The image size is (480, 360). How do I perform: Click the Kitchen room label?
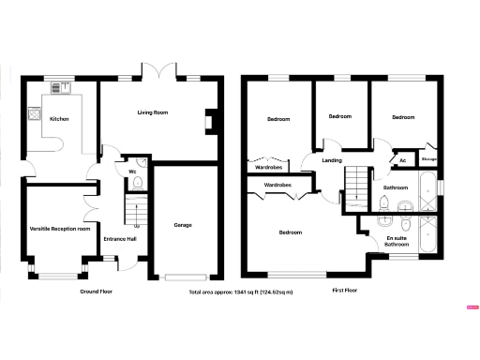click(x=59, y=119)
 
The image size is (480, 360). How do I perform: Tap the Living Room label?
click(x=152, y=112)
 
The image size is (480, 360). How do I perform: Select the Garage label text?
click(x=183, y=225)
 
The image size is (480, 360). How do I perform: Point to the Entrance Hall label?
click(x=120, y=239)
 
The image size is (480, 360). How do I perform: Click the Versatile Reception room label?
click(x=60, y=228)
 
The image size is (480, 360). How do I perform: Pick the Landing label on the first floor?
click(x=332, y=160)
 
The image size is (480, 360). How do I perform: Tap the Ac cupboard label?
click(x=402, y=160)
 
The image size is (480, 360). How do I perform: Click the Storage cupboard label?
click(x=429, y=160)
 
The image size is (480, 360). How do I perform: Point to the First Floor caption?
click(x=347, y=292)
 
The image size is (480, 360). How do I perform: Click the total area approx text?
click(x=241, y=292)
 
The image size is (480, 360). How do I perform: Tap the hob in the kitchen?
click(x=35, y=116)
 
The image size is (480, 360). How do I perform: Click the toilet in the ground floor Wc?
click(x=135, y=185)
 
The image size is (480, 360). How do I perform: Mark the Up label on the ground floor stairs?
click(x=137, y=226)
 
